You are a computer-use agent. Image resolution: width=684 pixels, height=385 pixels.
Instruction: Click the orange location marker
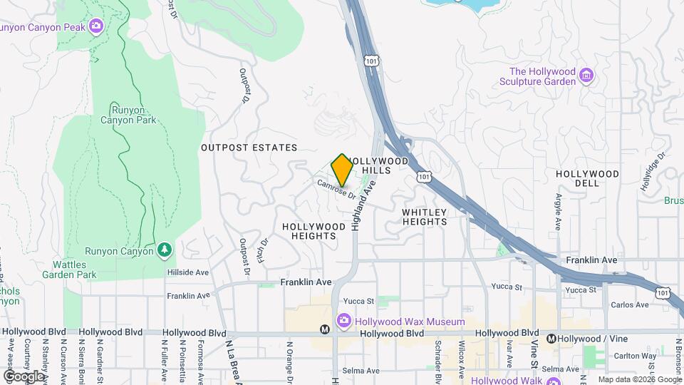342,170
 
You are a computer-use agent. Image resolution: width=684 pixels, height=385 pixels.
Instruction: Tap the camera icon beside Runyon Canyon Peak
95,27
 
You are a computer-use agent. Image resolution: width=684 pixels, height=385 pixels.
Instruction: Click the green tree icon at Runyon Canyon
165,250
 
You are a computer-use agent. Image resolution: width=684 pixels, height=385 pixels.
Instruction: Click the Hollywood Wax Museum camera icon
344,322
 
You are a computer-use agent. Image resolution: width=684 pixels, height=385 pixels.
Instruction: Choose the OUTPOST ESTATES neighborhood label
249,148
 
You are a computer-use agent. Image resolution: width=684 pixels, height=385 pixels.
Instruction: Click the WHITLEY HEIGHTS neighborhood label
425,217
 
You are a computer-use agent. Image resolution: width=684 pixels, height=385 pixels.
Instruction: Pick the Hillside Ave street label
188,272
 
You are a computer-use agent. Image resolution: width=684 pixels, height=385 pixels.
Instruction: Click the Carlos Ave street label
630,305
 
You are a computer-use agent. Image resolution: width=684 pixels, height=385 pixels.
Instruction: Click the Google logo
24,376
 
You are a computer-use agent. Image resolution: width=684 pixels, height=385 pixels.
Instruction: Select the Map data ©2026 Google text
638,379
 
